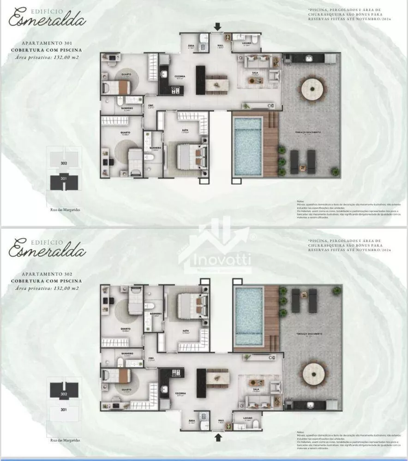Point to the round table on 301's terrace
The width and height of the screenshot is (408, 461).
click(312, 88)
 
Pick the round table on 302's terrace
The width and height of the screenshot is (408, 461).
click(312, 374)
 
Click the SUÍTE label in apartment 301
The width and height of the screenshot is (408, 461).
click(185, 130)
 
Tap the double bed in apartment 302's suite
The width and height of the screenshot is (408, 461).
click(189, 305)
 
